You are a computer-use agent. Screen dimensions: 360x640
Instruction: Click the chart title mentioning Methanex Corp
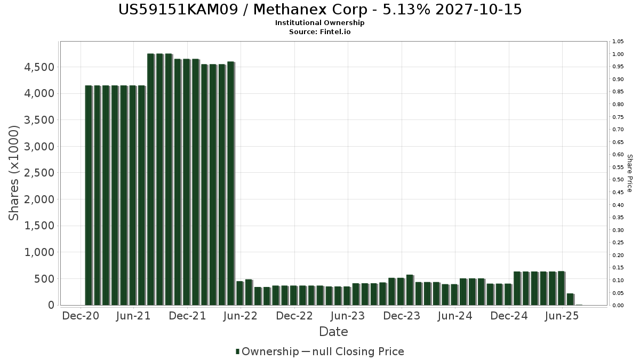click(x=319, y=10)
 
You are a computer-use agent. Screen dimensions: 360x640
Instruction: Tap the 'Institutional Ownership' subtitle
click(x=319, y=23)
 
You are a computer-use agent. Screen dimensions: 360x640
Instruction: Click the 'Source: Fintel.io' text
click(x=319, y=32)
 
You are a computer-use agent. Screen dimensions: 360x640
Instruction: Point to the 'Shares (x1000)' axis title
click(x=14, y=173)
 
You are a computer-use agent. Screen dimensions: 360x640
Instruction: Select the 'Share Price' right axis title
click(x=629, y=173)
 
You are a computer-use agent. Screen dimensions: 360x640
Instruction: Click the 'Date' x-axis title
click(x=333, y=332)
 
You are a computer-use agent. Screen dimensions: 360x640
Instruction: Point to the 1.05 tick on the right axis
click(x=618, y=42)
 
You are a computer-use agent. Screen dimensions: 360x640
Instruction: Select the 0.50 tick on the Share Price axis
click(x=618, y=180)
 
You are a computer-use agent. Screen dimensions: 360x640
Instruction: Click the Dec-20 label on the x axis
click(x=81, y=316)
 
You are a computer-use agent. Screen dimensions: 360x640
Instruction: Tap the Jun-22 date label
click(x=241, y=316)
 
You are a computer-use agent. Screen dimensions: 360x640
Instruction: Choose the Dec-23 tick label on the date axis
click(x=402, y=316)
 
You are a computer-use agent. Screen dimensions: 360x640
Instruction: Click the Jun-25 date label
click(x=562, y=316)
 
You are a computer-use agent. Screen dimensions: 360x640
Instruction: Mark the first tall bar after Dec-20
click(x=89, y=195)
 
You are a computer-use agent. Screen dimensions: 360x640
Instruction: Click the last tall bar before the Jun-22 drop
click(x=231, y=183)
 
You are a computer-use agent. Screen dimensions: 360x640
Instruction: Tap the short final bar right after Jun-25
click(x=570, y=299)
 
